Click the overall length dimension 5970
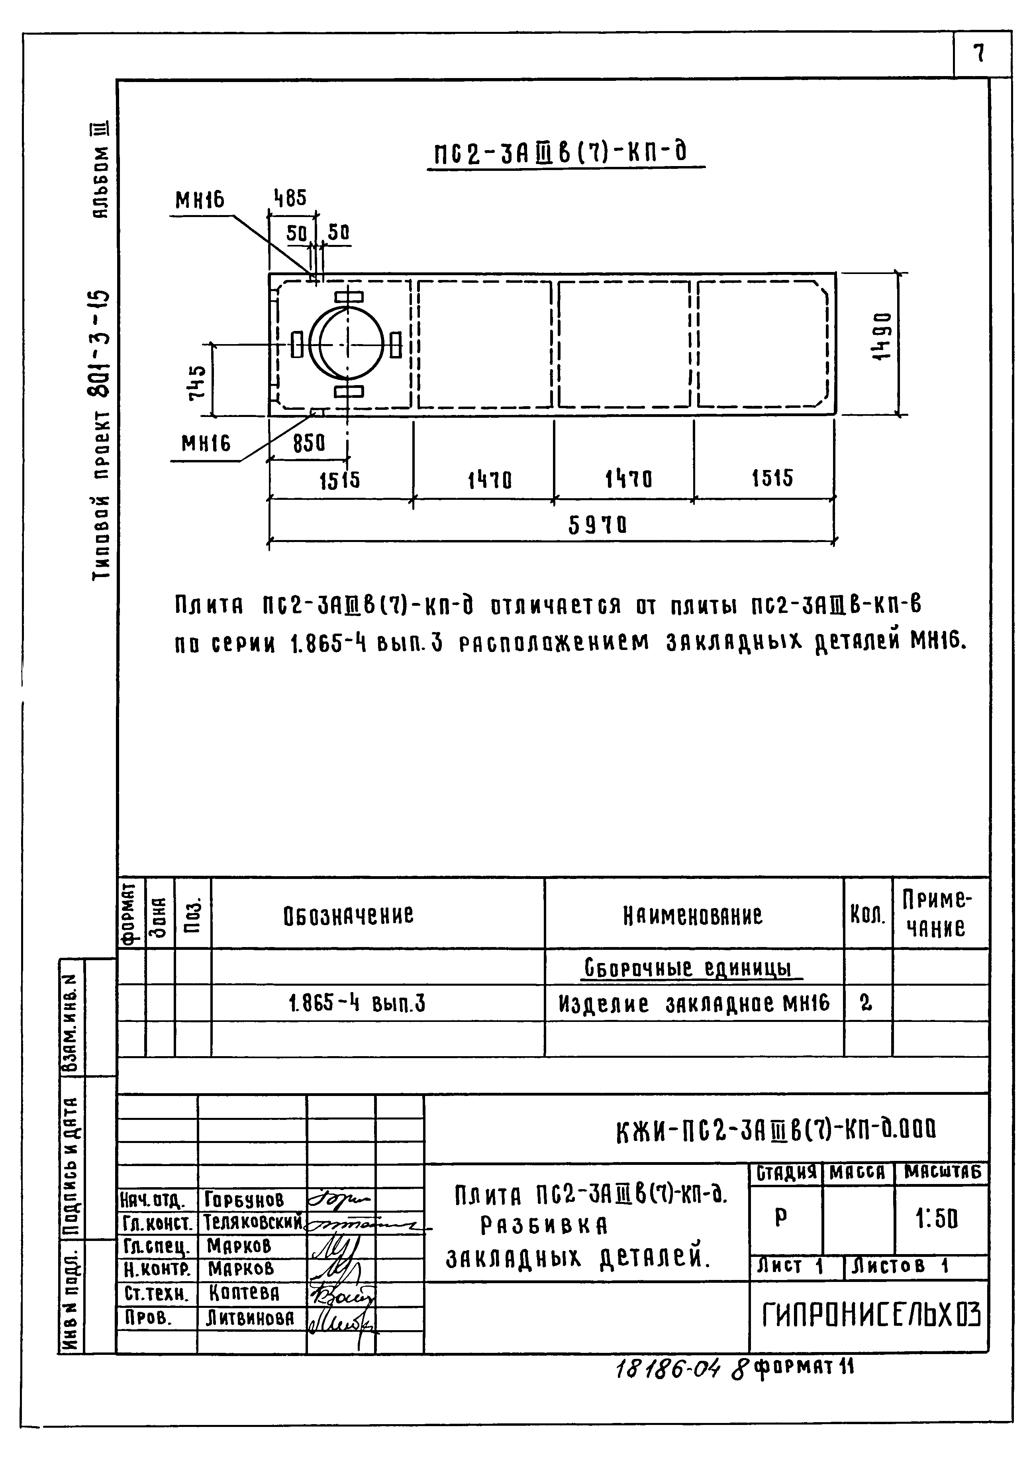tap(597, 525)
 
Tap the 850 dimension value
tap(308, 443)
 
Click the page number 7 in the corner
tap(980, 53)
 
